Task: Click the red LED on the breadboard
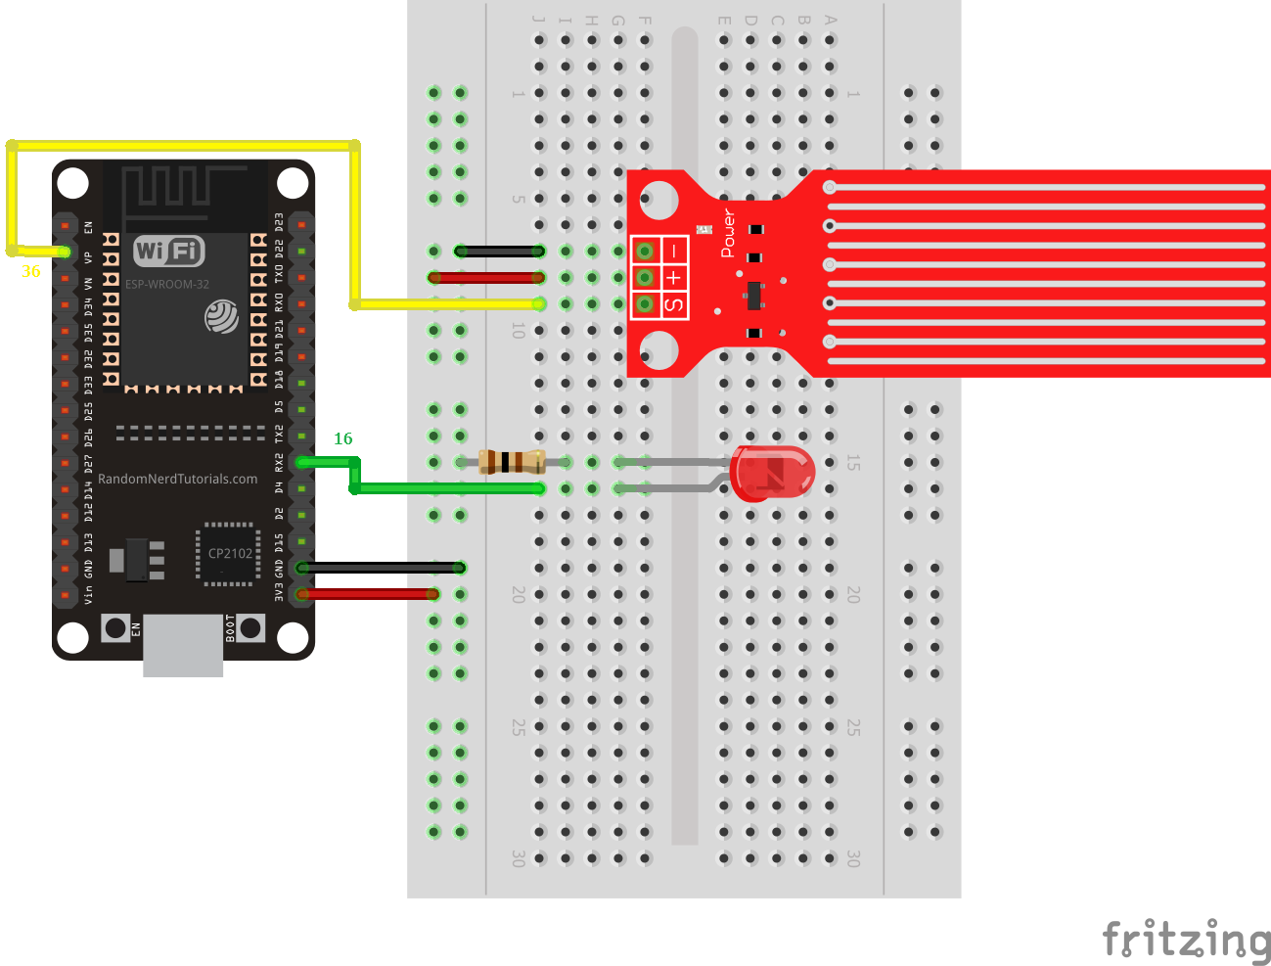click(773, 474)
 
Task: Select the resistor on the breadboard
click(512, 461)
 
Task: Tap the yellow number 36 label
click(31, 272)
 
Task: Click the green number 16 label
click(342, 438)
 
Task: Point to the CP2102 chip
click(229, 554)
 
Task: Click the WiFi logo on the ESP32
click(168, 251)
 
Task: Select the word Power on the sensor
click(728, 233)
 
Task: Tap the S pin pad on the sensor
click(645, 304)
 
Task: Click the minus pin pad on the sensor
click(645, 252)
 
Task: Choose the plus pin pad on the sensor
click(645, 278)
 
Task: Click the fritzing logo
click(1186, 941)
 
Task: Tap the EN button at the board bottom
click(115, 627)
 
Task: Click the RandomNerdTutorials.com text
click(177, 479)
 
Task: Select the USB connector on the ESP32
click(183, 646)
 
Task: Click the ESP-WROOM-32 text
click(166, 285)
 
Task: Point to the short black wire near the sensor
click(499, 252)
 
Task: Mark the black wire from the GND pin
click(382, 568)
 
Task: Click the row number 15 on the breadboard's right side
click(853, 462)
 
